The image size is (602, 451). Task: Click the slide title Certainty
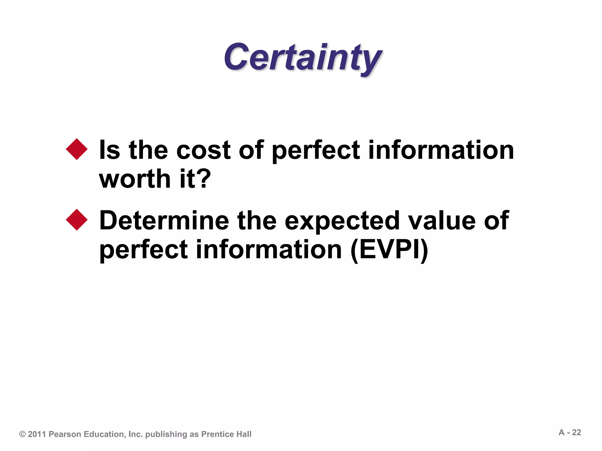click(x=303, y=58)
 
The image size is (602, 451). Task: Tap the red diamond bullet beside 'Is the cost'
click(x=77, y=149)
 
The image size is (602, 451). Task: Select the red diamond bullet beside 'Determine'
click(x=77, y=220)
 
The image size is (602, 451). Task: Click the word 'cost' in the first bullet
click(x=203, y=150)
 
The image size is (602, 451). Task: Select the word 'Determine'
click(x=164, y=221)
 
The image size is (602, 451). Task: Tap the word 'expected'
click(x=342, y=221)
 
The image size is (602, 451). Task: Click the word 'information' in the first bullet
click(x=441, y=150)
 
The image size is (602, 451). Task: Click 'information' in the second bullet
click(x=269, y=250)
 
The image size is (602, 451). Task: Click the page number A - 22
click(x=570, y=433)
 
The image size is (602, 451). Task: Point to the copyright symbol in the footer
click(x=22, y=434)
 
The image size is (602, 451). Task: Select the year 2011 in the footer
click(x=37, y=434)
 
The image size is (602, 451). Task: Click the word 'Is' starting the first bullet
click(x=109, y=150)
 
